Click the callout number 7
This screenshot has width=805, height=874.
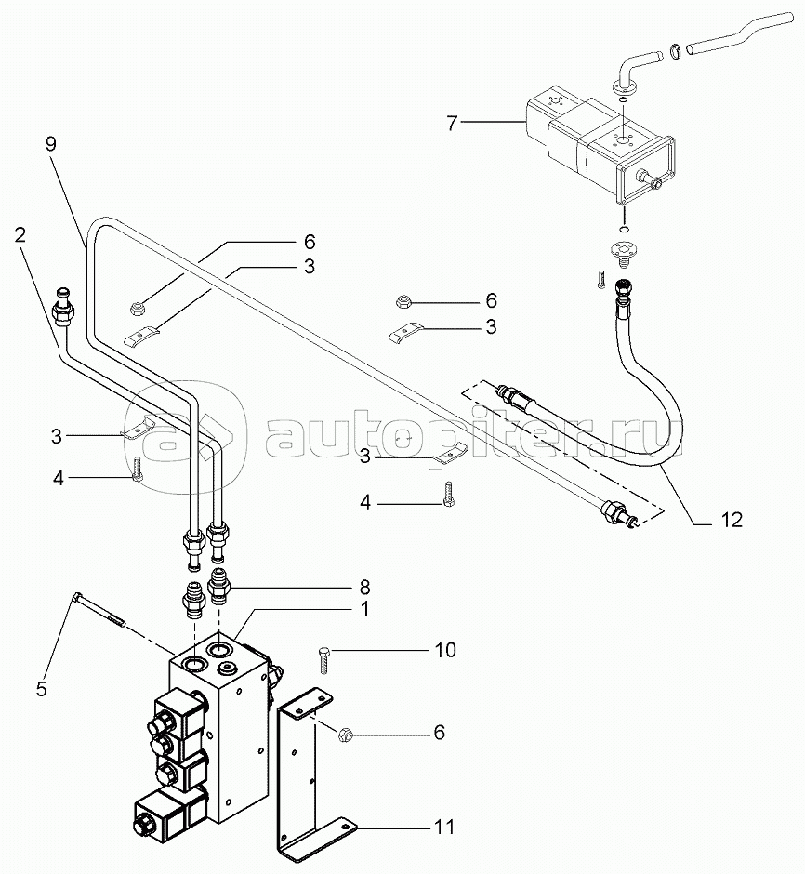(x=452, y=122)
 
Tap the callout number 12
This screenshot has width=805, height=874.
(x=732, y=520)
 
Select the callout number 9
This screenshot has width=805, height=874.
(x=51, y=144)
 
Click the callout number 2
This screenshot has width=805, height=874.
(x=20, y=234)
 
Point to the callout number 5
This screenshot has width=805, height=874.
(x=42, y=689)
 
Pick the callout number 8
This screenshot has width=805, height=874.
(x=365, y=587)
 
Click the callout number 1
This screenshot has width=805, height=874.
(x=365, y=609)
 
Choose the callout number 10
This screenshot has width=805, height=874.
(x=445, y=649)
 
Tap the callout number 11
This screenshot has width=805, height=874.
(x=444, y=826)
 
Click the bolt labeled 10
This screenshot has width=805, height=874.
(x=324, y=660)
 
